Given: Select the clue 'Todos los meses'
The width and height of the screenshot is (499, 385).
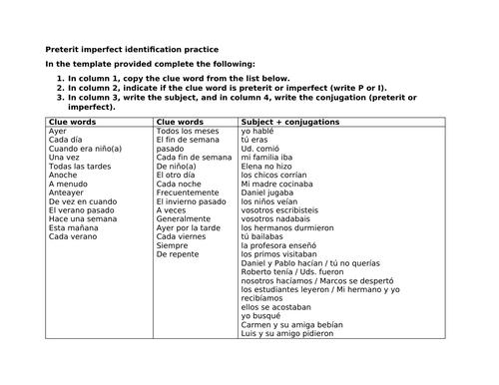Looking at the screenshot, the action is click(188, 131).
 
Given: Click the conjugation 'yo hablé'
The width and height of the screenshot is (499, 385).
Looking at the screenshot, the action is click(260, 131).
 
